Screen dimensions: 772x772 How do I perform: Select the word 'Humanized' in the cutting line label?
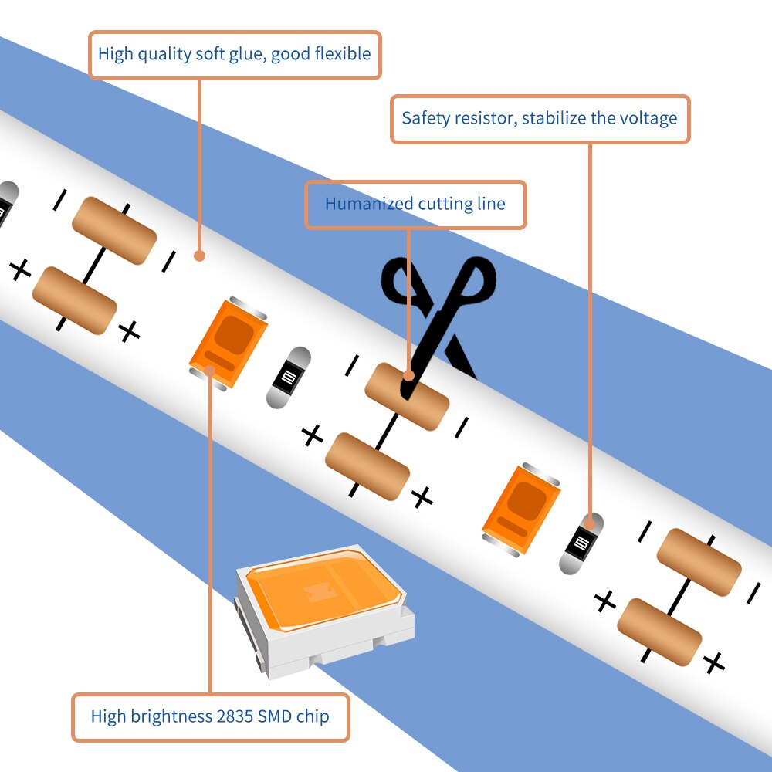[368, 205]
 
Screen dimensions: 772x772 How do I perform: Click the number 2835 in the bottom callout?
[235, 716]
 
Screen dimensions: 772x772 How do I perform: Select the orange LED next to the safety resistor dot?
[521, 510]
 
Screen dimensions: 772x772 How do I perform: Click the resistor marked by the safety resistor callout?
[581, 543]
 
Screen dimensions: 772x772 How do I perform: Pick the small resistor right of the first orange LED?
[289, 378]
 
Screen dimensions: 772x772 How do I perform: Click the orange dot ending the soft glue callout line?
[199, 255]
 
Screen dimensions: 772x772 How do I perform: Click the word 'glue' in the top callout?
[248, 55]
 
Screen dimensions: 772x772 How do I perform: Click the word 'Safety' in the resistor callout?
[426, 119]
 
